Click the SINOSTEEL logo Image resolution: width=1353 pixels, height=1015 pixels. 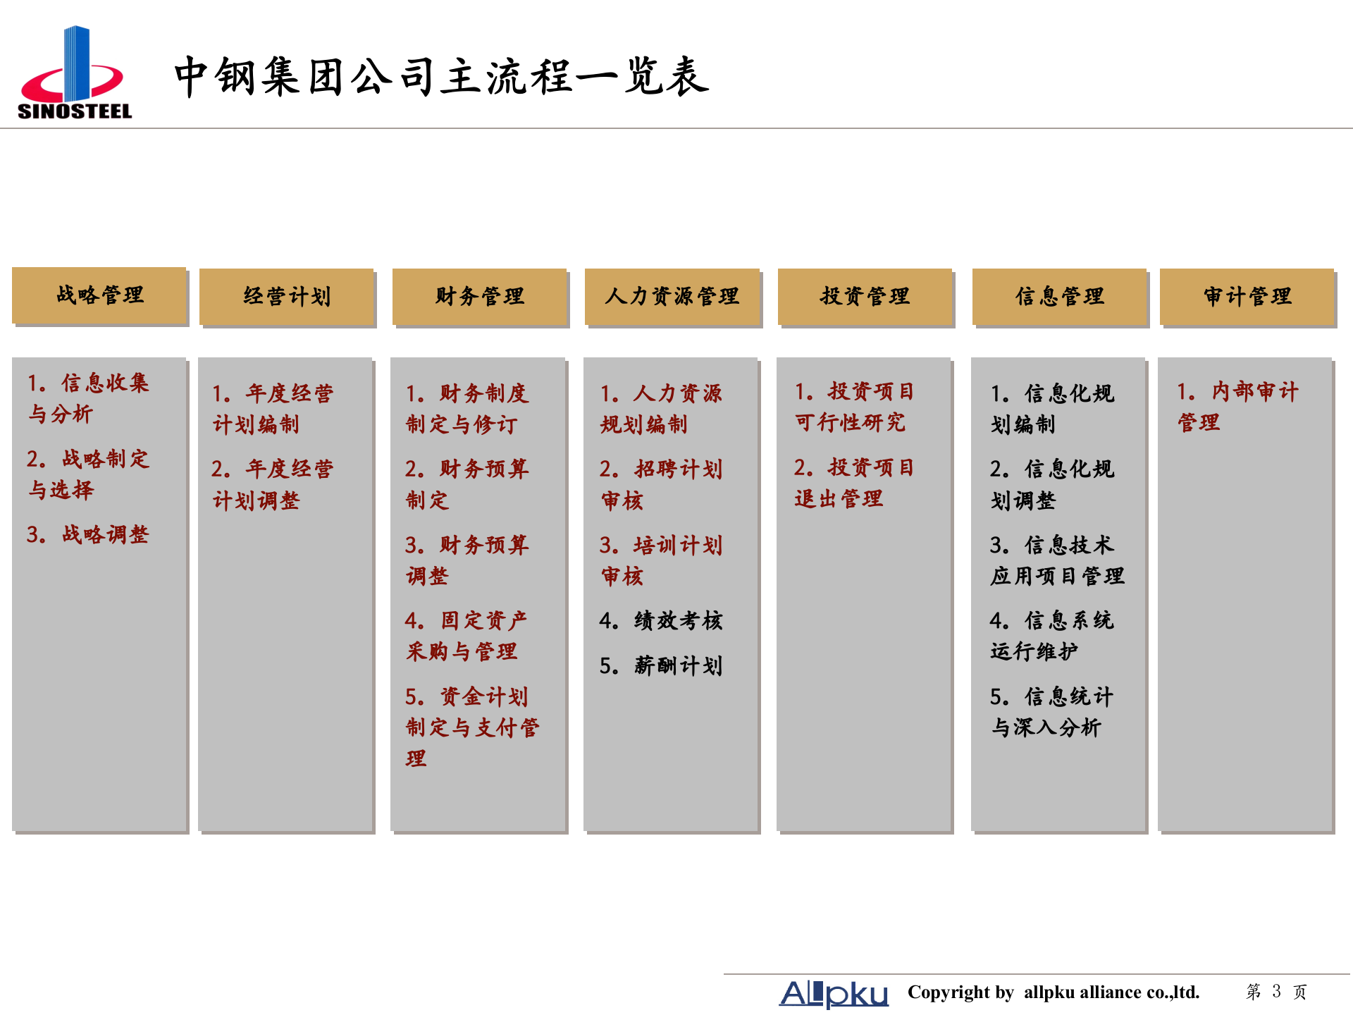75,73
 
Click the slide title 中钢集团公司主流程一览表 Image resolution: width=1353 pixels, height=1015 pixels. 441,76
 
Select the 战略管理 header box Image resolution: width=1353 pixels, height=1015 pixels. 99,295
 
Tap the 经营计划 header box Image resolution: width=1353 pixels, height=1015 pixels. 287,297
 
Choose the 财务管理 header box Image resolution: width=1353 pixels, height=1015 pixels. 479,297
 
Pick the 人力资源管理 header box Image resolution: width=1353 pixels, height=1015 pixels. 672,297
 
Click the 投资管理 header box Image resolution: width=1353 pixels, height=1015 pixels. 865,297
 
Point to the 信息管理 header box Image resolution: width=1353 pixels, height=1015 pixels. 1059,297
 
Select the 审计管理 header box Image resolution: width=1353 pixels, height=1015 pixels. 1247,297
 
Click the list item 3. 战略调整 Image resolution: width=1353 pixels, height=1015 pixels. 88,534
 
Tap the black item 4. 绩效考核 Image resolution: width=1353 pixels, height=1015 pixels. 661,620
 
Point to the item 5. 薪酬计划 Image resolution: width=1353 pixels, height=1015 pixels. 661,665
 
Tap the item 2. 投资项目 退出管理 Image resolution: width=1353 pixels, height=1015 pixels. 854,483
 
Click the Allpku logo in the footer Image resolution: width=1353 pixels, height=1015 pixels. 834,993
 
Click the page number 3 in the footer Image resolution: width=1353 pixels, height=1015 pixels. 1276,992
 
